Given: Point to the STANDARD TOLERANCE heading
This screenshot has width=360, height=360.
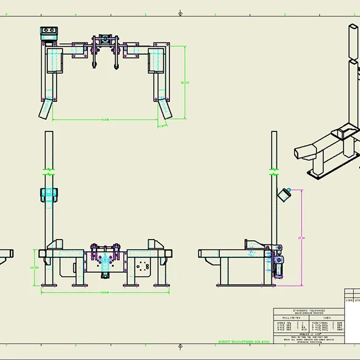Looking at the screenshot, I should [x=310, y=311].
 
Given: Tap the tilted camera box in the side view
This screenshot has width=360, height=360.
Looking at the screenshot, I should [x=284, y=195].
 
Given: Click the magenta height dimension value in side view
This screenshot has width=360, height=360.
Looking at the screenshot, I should [x=301, y=238].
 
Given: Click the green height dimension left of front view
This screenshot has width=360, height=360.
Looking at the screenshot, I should [x=35, y=268].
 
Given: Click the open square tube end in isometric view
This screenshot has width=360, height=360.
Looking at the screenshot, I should [x=302, y=152].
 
